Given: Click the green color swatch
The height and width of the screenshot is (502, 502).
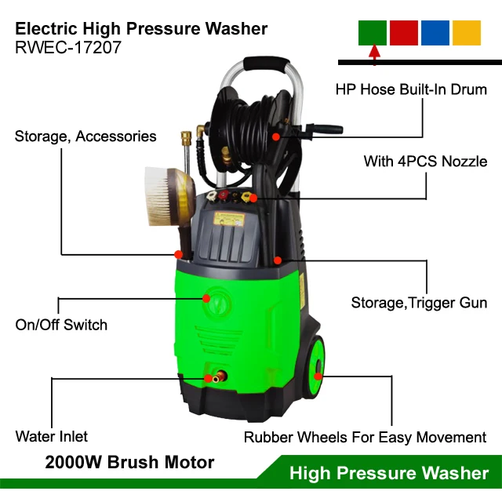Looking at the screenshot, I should tap(373, 32).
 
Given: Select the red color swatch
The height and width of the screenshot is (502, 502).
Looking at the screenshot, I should tap(404, 32).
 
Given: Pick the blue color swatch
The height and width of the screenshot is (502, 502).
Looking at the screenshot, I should tap(435, 32).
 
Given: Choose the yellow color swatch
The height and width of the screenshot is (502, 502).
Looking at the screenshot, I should tap(467, 32).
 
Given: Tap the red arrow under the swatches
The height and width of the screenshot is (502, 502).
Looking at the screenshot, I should tap(374, 53).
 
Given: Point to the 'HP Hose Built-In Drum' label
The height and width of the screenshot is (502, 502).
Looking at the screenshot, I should tap(411, 89).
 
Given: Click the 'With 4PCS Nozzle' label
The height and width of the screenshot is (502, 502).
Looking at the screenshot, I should tap(425, 162).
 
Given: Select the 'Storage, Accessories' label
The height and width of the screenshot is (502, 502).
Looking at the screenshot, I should tap(85, 136).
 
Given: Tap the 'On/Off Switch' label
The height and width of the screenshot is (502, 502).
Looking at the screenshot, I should tap(61, 325).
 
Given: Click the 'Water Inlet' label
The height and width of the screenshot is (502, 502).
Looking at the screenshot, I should tap(52, 436).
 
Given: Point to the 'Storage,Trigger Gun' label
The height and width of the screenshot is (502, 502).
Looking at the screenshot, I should tap(419, 303).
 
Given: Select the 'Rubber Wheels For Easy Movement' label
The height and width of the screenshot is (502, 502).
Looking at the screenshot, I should tap(365, 438).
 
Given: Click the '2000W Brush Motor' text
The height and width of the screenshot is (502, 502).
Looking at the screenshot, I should tap(129, 463).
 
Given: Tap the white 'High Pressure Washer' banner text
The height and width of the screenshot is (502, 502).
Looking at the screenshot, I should tap(389, 473).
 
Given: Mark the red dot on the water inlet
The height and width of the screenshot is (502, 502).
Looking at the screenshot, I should tap(209, 378).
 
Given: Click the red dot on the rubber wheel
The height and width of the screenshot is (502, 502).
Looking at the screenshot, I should tap(318, 376).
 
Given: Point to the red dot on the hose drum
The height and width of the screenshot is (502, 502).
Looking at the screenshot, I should tap(276, 136).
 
